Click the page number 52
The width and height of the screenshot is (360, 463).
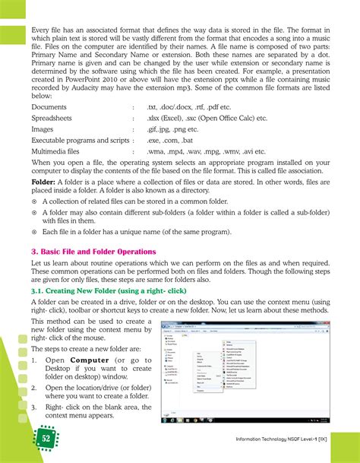click(x=46, y=438)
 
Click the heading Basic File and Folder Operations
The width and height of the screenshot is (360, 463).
click(x=94, y=251)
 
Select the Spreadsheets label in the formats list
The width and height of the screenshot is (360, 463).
click(x=55, y=118)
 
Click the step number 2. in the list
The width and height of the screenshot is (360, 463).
click(x=35, y=388)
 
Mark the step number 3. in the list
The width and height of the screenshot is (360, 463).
click(x=35, y=407)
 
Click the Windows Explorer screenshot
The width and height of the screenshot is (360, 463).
click(x=245, y=369)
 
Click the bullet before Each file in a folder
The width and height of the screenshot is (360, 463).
click(x=35, y=231)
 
